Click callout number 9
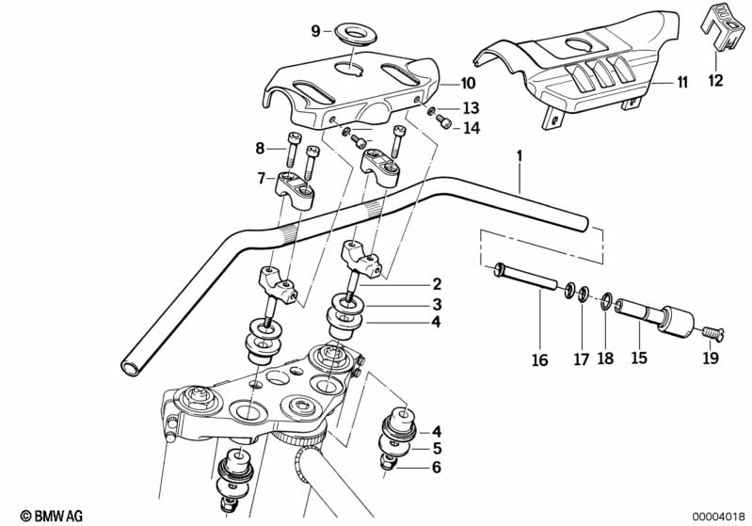(x=316, y=30)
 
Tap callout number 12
(x=715, y=80)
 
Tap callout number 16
(x=540, y=359)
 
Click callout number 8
(x=261, y=147)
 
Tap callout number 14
(x=471, y=127)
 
